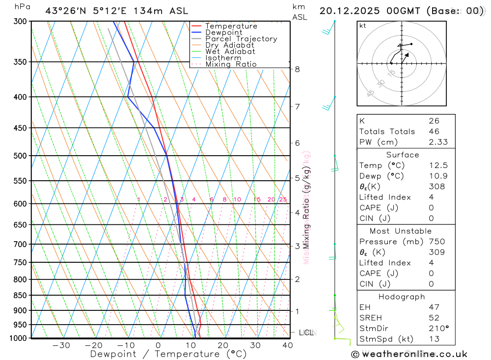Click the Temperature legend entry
tap(231, 26)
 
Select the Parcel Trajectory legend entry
tap(241, 39)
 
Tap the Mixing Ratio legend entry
tap(231, 64)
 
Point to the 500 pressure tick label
tap(20, 156)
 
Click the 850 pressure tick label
tap(20, 295)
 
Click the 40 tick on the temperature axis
tap(287, 345)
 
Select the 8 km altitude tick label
tap(298, 69)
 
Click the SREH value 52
tap(434, 318)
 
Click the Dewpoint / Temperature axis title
tap(168, 354)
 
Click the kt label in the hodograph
tap(362, 26)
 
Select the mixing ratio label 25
tap(283, 199)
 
